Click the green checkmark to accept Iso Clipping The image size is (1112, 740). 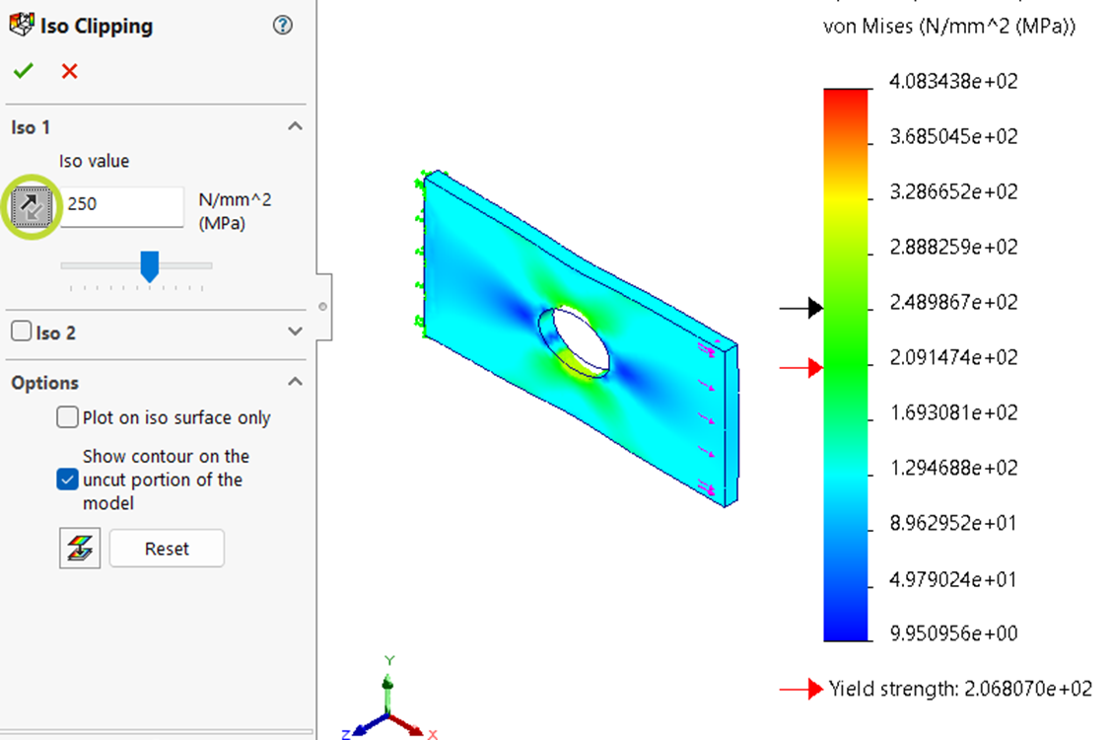click(23, 71)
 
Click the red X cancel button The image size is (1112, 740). click(69, 71)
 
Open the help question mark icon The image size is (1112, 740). click(282, 26)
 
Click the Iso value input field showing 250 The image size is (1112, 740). click(123, 204)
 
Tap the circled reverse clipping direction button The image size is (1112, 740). click(31, 205)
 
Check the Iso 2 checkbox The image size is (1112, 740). click(21, 332)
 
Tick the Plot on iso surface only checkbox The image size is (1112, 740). click(67, 417)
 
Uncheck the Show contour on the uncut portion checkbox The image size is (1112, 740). click(67, 480)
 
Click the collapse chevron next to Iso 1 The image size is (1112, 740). click(295, 126)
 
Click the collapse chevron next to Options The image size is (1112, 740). click(295, 382)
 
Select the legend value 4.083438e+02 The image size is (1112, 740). click(952, 81)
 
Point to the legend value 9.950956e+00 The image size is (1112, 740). click(952, 633)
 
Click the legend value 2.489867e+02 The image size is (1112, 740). click(952, 302)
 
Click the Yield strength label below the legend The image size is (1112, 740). click(959, 689)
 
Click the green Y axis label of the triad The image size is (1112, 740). click(389, 660)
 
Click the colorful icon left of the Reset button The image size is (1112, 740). click(79, 549)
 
